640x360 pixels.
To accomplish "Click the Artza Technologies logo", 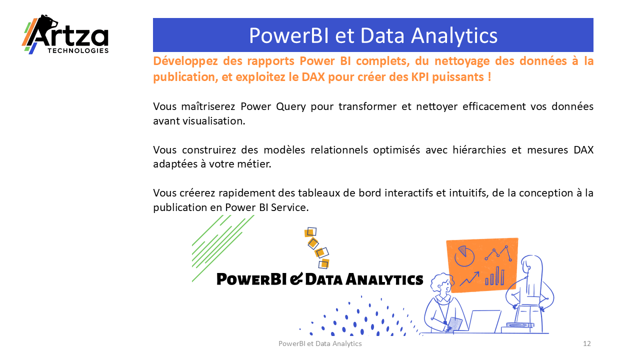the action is pos(65,34).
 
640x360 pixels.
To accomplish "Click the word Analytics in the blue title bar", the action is pos(454,36).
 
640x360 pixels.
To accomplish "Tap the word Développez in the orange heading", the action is pos(185,61).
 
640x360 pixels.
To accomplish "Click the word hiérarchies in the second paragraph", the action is pos(479,149).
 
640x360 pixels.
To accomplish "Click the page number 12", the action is pos(587,343).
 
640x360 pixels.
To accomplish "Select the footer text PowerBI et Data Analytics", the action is pos(320,343).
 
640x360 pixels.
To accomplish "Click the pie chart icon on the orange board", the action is pos(464,255).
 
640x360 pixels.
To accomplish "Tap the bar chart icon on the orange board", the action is pos(495,276).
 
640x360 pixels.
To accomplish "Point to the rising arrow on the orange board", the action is pos(469,278).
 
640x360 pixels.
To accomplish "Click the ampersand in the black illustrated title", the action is pos(296,279).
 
